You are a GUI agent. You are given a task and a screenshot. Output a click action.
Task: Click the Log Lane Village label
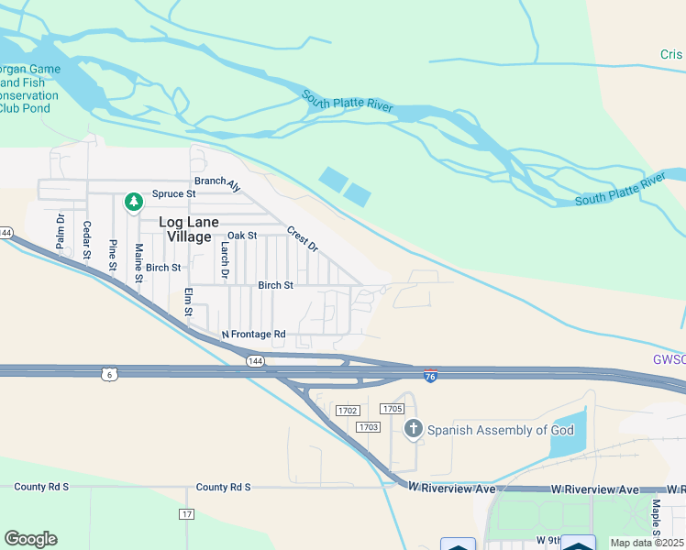(x=192, y=229)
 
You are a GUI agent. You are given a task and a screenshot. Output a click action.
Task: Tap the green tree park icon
(x=134, y=201)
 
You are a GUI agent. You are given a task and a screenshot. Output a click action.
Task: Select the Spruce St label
(x=174, y=194)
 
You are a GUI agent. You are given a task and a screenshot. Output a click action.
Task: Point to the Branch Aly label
(x=216, y=182)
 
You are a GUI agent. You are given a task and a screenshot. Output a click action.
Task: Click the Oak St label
(x=241, y=236)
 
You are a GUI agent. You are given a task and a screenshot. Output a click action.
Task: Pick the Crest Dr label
(x=302, y=239)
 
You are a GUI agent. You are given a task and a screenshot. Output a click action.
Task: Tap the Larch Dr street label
(x=224, y=260)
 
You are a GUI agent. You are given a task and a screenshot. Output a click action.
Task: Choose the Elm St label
(x=189, y=303)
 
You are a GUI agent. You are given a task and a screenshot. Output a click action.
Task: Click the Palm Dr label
(x=61, y=232)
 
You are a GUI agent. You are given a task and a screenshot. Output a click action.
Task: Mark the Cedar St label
(x=87, y=239)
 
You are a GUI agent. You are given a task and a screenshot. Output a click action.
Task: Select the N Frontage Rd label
(x=254, y=335)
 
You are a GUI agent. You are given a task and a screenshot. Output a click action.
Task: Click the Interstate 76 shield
(x=431, y=376)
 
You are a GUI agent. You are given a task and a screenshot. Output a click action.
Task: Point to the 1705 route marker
(x=393, y=409)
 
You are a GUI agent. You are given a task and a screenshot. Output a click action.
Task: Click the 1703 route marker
(x=369, y=427)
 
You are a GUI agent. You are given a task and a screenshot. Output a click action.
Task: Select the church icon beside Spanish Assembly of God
(x=414, y=428)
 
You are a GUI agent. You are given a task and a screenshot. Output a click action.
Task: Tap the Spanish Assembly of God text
(x=501, y=430)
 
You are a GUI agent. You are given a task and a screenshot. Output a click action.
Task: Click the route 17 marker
(x=187, y=514)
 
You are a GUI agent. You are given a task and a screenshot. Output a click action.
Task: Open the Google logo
(x=31, y=539)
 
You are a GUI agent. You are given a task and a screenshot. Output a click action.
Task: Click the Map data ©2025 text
(x=647, y=543)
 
